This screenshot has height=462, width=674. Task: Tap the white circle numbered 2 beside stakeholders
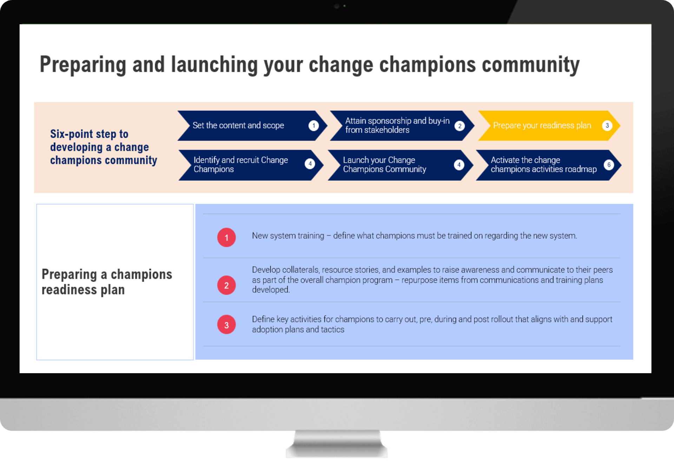coord(460,126)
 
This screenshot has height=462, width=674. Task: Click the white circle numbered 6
coord(609,165)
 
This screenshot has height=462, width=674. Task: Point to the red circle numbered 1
coord(226,238)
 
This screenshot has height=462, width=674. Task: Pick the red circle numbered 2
coord(226,285)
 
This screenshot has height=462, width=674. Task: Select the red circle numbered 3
coord(226,325)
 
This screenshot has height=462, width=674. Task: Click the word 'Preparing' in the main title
coord(83,65)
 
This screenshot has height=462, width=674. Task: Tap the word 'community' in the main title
coord(530,65)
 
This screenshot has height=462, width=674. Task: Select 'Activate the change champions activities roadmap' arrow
coord(548,165)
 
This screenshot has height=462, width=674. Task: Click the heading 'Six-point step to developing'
coord(99,140)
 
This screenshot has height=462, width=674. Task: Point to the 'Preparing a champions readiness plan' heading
coord(107,282)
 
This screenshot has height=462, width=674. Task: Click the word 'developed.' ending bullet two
coord(271,290)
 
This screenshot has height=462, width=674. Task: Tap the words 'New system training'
coord(288,236)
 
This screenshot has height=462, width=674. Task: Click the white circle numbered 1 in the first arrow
coord(313,126)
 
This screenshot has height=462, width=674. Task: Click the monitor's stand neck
coord(337,444)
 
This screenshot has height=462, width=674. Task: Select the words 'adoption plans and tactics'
coord(298,330)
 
